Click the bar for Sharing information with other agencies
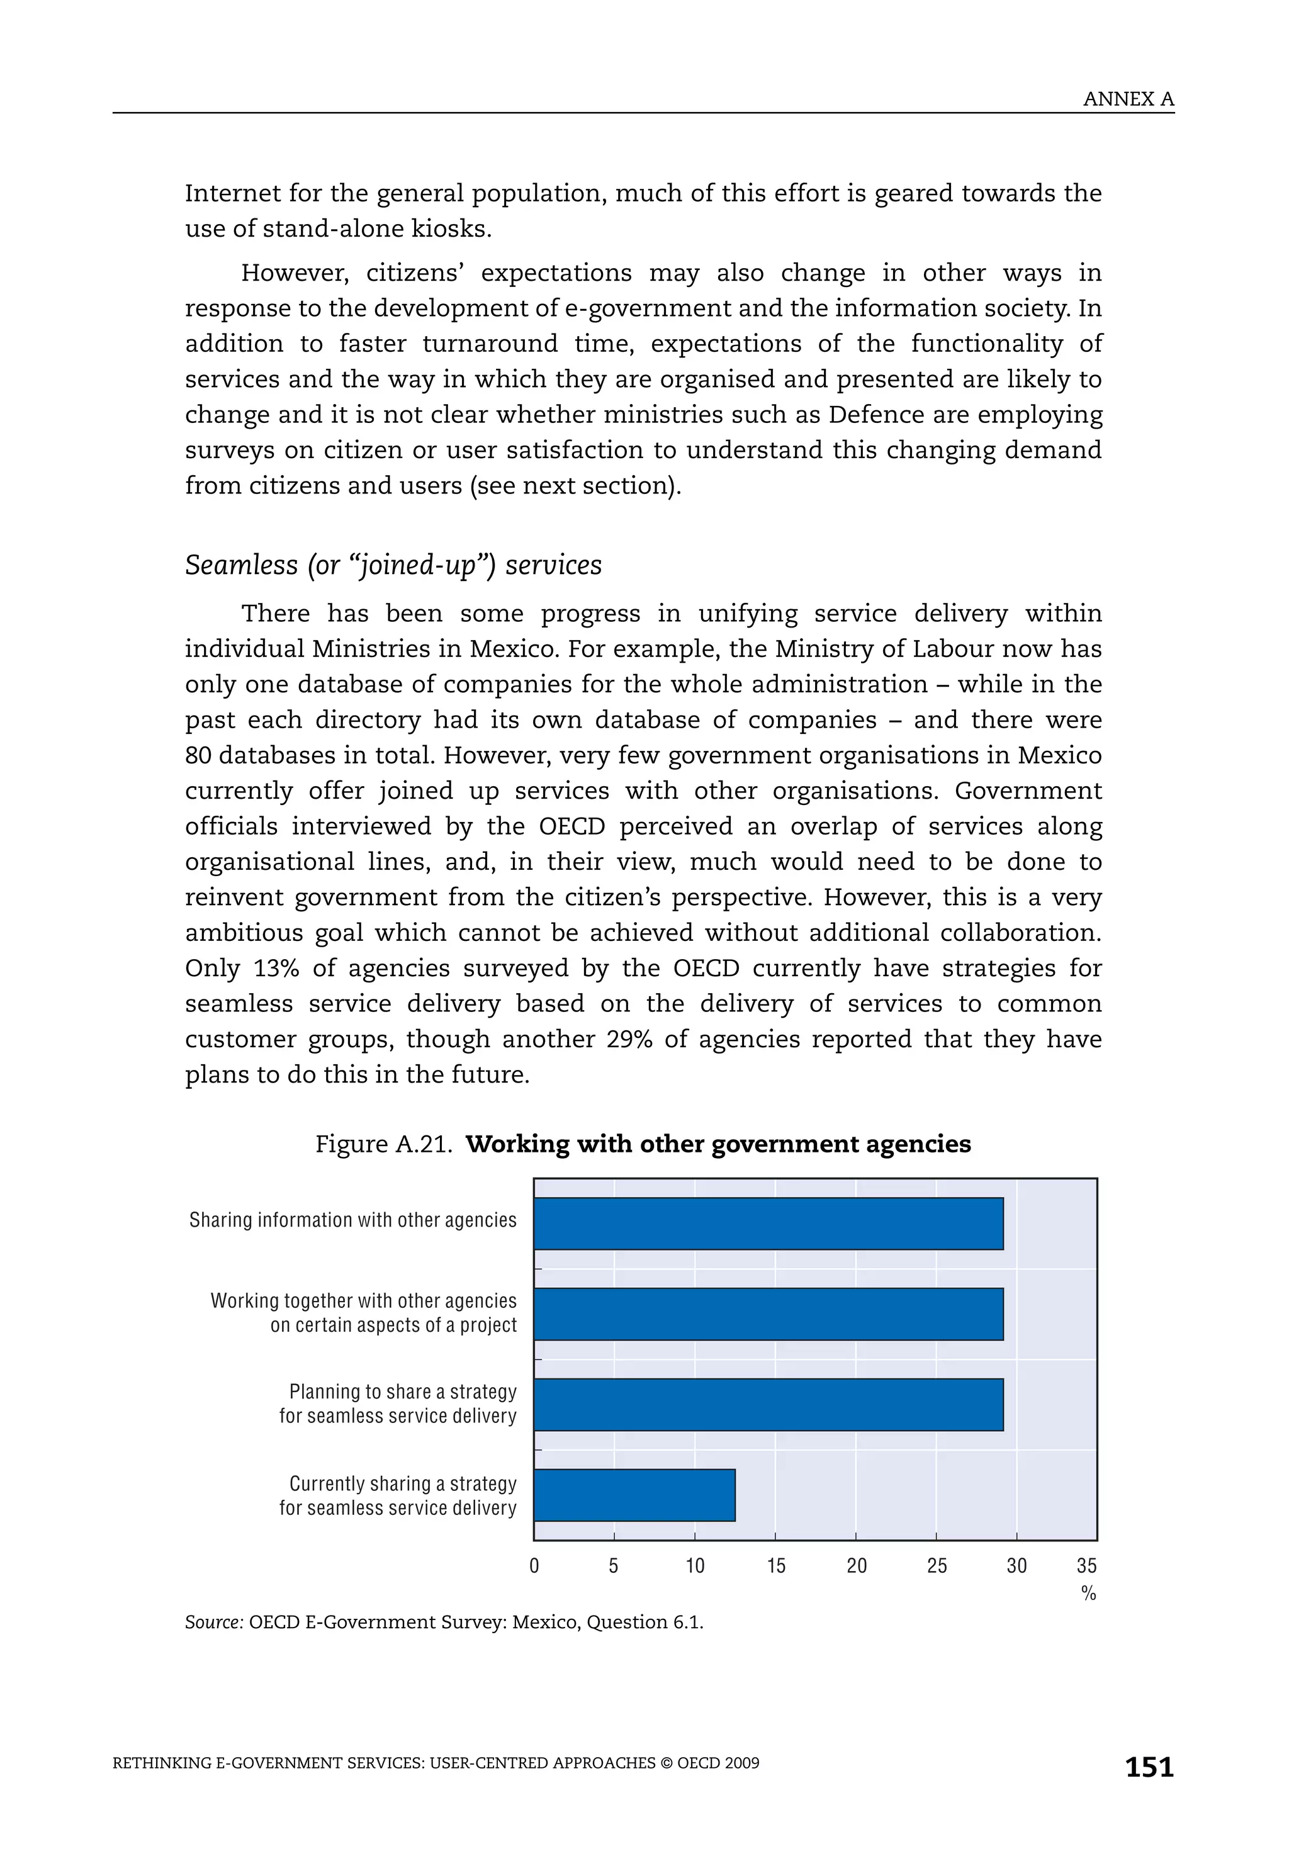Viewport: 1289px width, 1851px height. pyautogui.click(x=768, y=1223)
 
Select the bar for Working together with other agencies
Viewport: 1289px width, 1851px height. pyautogui.click(x=768, y=1314)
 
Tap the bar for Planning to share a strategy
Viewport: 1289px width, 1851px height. pyautogui.click(x=768, y=1404)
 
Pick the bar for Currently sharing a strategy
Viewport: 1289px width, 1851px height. pyautogui.click(x=634, y=1495)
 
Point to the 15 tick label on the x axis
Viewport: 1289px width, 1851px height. pyautogui.click(x=775, y=1566)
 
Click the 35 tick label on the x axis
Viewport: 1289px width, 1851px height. pyautogui.click(x=1086, y=1566)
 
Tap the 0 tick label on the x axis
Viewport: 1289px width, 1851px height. pyautogui.click(x=534, y=1566)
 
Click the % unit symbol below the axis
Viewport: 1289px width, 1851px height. pyautogui.click(x=1088, y=1593)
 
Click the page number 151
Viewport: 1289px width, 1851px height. pyautogui.click(x=1149, y=1767)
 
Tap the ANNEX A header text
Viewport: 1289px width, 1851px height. pyautogui.click(x=1128, y=99)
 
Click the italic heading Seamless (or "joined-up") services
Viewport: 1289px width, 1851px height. pyautogui.click(x=393, y=565)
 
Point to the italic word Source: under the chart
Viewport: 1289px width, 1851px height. pyautogui.click(x=213, y=1622)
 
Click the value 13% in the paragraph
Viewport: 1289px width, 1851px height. pyautogui.click(x=276, y=968)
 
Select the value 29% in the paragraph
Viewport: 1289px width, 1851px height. pyautogui.click(x=629, y=1039)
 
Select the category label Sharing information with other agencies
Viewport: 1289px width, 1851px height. pyautogui.click(x=352, y=1220)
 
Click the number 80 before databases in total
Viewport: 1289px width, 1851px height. pyautogui.click(x=198, y=755)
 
